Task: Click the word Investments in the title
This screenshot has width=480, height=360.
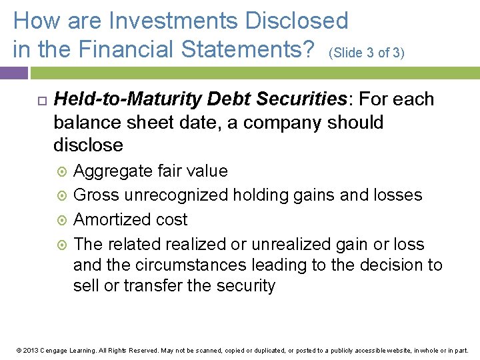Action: pos(175,21)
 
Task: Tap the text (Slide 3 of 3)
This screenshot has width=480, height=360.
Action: pos(367,52)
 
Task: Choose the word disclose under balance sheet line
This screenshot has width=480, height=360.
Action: pos(88,145)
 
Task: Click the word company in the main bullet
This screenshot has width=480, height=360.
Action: pos(275,123)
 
